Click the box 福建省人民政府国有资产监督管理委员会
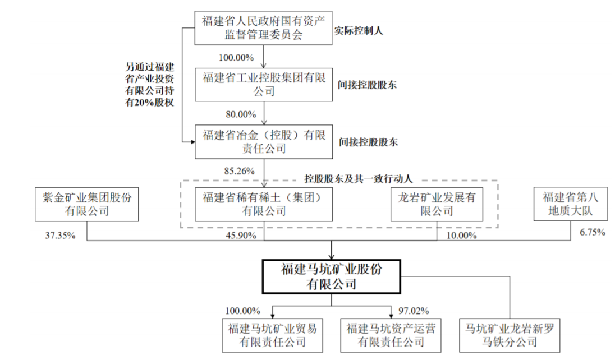tap(263, 28)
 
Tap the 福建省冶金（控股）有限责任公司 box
tap(263, 141)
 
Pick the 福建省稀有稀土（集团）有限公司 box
tap(263, 204)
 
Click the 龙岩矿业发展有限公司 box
tap(437, 204)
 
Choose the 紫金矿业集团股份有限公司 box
tap(86, 204)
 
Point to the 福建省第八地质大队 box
tap(571, 204)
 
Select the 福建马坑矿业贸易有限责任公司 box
tap(272, 334)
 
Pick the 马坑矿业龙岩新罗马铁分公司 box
tap(510, 334)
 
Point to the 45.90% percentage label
tap(239, 236)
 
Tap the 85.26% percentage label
tap(238, 170)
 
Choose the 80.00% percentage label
tap(239, 114)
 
